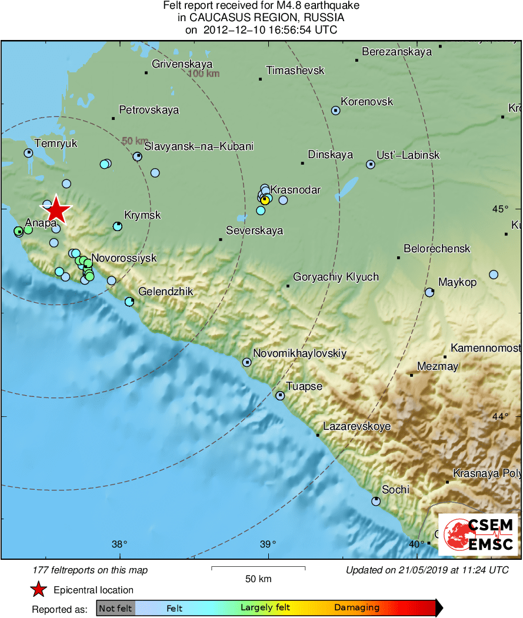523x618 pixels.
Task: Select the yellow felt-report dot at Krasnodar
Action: tap(265, 200)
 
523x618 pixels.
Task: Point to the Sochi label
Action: tap(395, 489)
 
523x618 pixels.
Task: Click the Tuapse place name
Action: tap(304, 386)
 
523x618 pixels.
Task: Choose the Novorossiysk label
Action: tap(124, 258)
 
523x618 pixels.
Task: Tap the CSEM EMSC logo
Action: tap(478, 534)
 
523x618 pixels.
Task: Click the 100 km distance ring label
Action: tap(204, 74)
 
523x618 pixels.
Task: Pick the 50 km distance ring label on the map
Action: tap(135, 141)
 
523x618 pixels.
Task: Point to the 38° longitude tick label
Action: tap(119, 543)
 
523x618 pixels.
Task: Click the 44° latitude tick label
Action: tap(499, 416)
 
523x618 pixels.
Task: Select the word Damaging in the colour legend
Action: tap(357, 607)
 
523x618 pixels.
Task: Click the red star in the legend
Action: tap(39, 590)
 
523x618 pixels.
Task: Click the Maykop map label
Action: tap(457, 283)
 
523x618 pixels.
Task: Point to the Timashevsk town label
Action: tap(295, 71)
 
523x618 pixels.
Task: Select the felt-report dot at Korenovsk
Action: tap(335, 110)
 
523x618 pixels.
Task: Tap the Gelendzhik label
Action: tap(165, 292)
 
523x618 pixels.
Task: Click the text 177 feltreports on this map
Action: tap(91, 570)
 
